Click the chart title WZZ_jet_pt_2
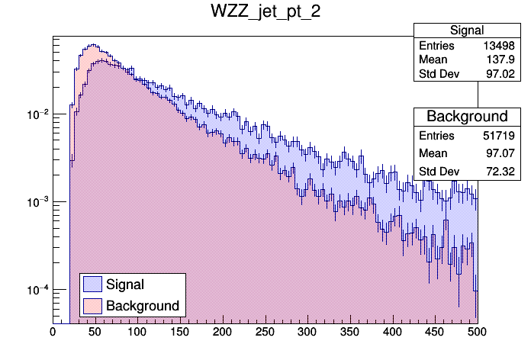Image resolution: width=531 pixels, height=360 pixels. pos(265,12)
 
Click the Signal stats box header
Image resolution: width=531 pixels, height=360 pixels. pos(467,31)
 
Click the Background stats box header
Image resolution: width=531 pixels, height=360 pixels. pos(467,117)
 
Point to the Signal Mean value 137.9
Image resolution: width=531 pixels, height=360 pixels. pos(504,60)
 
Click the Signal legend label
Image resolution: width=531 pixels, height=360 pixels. pos(125,284)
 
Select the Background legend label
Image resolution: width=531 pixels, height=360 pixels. pos(143,306)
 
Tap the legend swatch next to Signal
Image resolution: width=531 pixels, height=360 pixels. pos(92,284)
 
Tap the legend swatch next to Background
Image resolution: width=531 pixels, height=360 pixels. pos(92,306)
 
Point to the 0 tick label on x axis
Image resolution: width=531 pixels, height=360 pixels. pos(53,332)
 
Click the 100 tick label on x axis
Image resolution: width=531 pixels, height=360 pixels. pos(137,332)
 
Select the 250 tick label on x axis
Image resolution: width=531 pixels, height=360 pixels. pos(265,332)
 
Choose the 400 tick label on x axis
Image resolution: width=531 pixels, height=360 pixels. pos(392,332)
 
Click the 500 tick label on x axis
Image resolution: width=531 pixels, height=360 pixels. pos(477,332)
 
